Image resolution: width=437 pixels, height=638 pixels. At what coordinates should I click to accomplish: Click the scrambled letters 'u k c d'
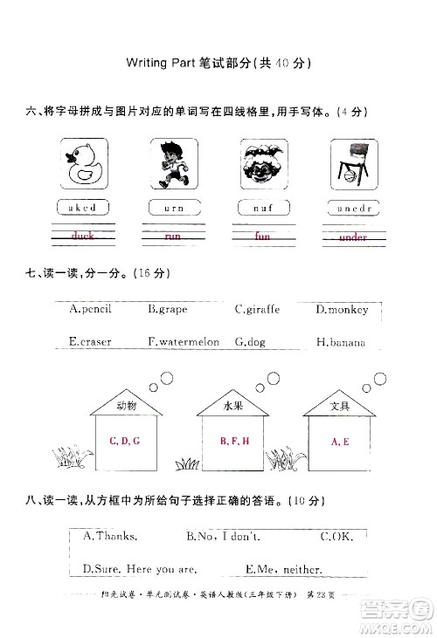pos(83,208)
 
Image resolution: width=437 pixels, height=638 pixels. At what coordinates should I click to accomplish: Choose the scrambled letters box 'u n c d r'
pos(352,208)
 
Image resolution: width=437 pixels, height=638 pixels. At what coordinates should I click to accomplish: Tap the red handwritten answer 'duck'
pos(83,236)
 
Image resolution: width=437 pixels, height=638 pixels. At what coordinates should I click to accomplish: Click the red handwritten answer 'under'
pos(353,237)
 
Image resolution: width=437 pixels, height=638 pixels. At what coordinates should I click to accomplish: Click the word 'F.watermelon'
pos(184,342)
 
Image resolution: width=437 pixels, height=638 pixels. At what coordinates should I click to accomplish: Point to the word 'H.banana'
pos(341,342)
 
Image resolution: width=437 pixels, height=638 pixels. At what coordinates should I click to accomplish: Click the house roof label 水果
pos(233,406)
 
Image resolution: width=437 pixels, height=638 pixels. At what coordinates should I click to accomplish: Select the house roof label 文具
pos(340,406)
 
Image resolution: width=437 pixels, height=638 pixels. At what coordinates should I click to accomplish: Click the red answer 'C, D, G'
pos(125,441)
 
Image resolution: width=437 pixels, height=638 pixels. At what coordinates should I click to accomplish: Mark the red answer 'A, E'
pos(340,442)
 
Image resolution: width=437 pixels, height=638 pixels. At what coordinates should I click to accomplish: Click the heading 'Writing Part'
pos(165,64)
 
